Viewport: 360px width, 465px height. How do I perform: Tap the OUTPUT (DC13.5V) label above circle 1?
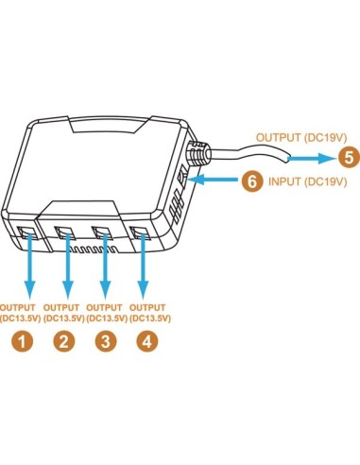tap(22, 313)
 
